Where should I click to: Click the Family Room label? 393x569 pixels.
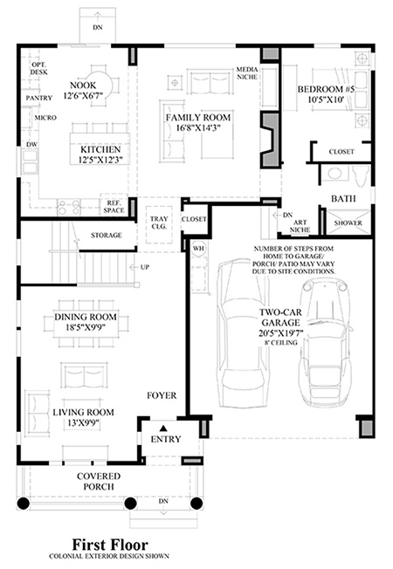click(x=198, y=118)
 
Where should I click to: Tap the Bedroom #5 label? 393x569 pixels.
click(x=326, y=89)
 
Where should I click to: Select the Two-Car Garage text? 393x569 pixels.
click(x=280, y=317)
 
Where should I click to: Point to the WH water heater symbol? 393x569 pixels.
click(x=198, y=249)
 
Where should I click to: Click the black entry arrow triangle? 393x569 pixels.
click(x=163, y=428)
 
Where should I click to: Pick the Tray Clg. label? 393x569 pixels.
click(x=159, y=223)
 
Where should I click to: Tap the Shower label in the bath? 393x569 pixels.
click(x=348, y=223)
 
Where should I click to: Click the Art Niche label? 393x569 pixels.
click(x=300, y=226)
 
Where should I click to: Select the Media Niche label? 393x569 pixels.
click(x=247, y=73)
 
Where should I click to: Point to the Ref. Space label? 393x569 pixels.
click(x=114, y=207)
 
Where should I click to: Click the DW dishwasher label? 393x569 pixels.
click(x=32, y=144)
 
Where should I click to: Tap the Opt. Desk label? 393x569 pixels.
click(x=39, y=68)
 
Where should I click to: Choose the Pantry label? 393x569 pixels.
click(x=39, y=98)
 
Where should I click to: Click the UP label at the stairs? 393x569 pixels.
click(x=145, y=267)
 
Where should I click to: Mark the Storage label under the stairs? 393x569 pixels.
click(x=106, y=235)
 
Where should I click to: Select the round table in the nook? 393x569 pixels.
click(x=104, y=86)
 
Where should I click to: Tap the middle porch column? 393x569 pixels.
click(x=130, y=504)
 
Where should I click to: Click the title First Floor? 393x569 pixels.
click(x=110, y=545)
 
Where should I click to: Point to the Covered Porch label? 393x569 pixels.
click(x=99, y=481)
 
